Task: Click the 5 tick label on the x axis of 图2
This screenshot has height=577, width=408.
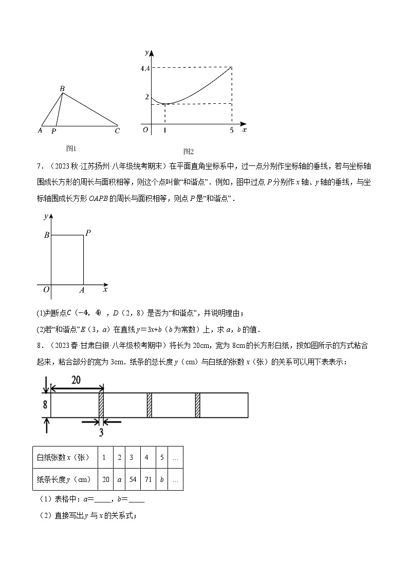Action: (x=232, y=131)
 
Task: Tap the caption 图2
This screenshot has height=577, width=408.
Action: (x=188, y=152)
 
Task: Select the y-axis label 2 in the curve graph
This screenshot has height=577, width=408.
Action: (x=147, y=97)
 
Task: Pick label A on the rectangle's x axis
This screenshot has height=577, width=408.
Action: (x=82, y=290)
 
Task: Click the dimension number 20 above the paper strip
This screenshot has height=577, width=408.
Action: (x=76, y=380)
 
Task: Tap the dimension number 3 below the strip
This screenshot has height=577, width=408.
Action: (x=101, y=433)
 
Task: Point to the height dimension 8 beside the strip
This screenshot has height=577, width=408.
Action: (x=45, y=405)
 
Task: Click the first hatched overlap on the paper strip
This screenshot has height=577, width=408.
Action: (x=101, y=405)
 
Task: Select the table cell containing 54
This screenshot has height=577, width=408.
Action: (x=132, y=457)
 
